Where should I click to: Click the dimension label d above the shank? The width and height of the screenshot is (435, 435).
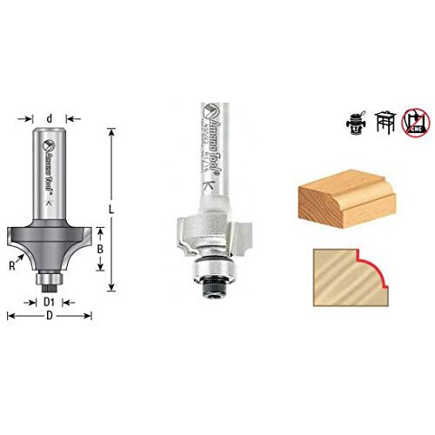(x=50, y=117)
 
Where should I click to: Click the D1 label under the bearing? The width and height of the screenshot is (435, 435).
(x=50, y=302)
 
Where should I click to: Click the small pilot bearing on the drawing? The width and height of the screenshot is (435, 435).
(x=50, y=280)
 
